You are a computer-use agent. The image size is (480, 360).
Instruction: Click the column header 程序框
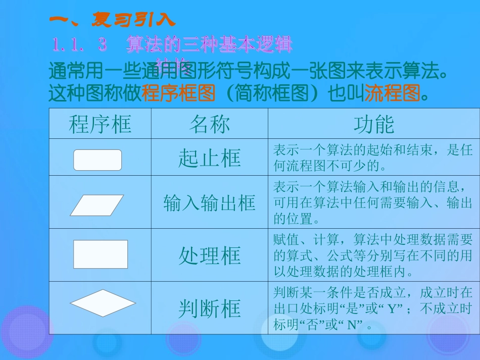100,124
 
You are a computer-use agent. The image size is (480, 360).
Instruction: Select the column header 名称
209,124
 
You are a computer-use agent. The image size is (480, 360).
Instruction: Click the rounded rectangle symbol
98,160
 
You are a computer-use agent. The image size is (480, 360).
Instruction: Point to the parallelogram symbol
97,205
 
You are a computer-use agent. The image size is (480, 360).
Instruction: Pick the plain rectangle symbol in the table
101,254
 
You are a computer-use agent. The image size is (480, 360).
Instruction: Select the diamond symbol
103,303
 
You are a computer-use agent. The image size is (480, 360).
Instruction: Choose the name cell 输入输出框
209,203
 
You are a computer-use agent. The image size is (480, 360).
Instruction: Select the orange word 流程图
392,93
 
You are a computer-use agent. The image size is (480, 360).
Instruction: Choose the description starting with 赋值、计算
373,255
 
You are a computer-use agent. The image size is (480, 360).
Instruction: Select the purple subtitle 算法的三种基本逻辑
209,45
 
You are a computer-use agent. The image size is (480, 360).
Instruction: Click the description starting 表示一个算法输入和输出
373,203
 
